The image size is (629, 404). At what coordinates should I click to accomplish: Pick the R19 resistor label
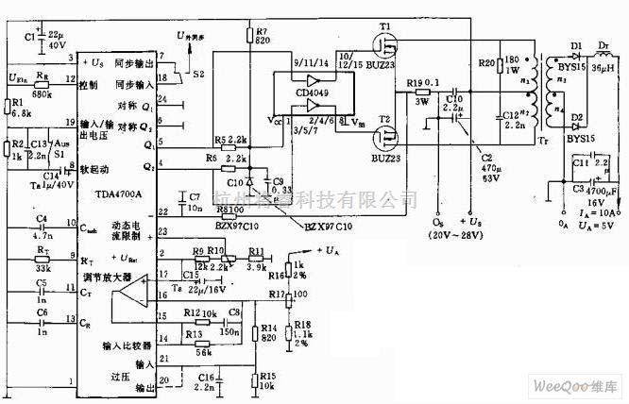415,84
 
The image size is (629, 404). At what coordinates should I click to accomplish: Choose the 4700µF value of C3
601,190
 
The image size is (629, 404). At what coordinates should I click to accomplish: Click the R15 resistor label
267,376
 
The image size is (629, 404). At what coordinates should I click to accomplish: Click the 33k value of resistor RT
42,265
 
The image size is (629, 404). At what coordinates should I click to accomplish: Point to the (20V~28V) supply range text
439,234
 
